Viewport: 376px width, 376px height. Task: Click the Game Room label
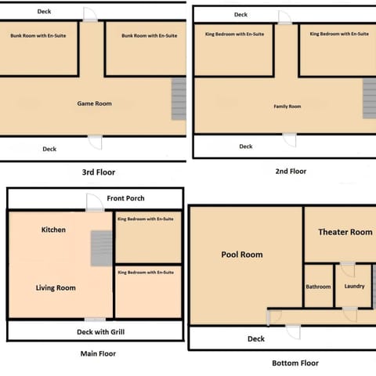click(x=94, y=103)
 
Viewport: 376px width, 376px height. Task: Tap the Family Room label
click(x=287, y=106)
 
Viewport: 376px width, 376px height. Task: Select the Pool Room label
click(x=242, y=255)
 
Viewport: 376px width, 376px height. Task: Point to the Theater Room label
click(x=345, y=232)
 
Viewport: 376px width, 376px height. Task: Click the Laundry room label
click(x=354, y=287)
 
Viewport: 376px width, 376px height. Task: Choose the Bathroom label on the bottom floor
click(x=318, y=287)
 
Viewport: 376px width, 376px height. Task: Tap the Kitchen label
click(x=53, y=230)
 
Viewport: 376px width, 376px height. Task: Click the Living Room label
click(x=56, y=288)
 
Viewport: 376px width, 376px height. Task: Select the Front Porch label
click(x=126, y=198)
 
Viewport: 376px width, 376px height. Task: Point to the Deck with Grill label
click(x=99, y=331)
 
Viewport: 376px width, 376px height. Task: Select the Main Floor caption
click(x=98, y=353)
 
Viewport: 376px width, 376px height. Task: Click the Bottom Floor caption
click(x=295, y=363)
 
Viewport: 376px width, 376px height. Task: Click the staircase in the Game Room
click(x=179, y=99)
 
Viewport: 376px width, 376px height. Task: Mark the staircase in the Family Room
click(x=369, y=99)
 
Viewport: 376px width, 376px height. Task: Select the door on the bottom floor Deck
click(x=292, y=331)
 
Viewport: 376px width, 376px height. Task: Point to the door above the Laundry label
click(x=347, y=269)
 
